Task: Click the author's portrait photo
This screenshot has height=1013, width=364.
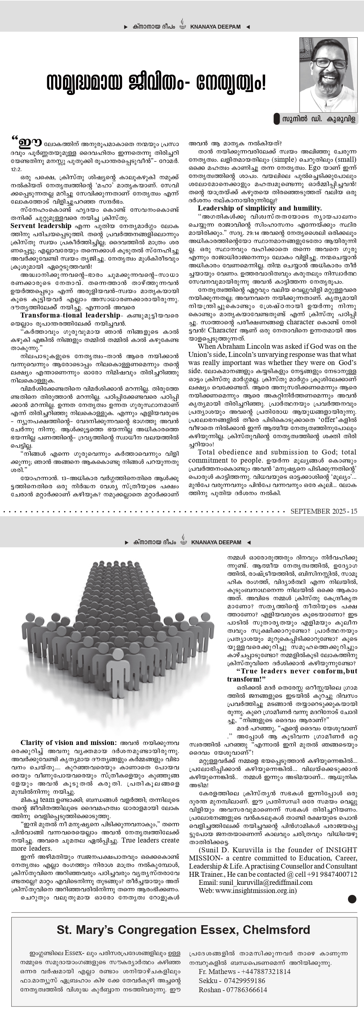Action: click(x=328, y=75)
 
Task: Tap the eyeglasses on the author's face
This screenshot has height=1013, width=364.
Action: click(x=330, y=63)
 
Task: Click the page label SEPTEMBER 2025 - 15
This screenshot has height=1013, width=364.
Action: click(x=324, y=511)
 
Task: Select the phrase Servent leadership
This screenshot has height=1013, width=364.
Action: click(x=41, y=226)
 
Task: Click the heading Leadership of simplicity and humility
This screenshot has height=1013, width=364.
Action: click(x=260, y=209)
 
